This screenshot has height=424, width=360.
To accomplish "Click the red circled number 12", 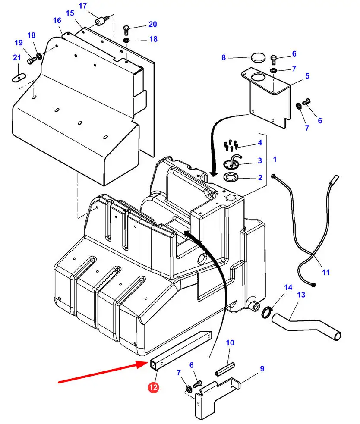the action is click(x=153, y=387).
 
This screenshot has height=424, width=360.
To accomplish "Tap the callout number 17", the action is click(x=83, y=6).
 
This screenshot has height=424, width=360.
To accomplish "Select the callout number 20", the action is click(x=153, y=24).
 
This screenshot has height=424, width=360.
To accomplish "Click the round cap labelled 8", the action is click(x=258, y=57).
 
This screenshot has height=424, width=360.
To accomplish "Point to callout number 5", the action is click(x=307, y=76).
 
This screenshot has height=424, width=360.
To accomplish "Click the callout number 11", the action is click(x=326, y=272).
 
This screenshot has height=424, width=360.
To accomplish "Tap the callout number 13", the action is click(x=301, y=295).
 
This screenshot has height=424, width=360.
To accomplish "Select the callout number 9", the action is click(x=262, y=368).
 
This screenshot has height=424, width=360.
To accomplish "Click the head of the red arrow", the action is click(x=142, y=364).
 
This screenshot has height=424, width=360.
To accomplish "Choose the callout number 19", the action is click(x=19, y=43).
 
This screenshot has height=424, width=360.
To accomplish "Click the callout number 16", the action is click(x=57, y=21).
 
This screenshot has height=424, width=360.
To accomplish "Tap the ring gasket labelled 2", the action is click(x=231, y=178).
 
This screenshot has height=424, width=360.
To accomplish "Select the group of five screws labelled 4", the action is click(x=231, y=145).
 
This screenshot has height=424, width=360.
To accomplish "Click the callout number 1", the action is click(x=275, y=160).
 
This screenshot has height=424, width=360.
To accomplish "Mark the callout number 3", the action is click(x=260, y=160).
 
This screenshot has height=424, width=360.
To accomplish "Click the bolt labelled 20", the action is click(x=126, y=30).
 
